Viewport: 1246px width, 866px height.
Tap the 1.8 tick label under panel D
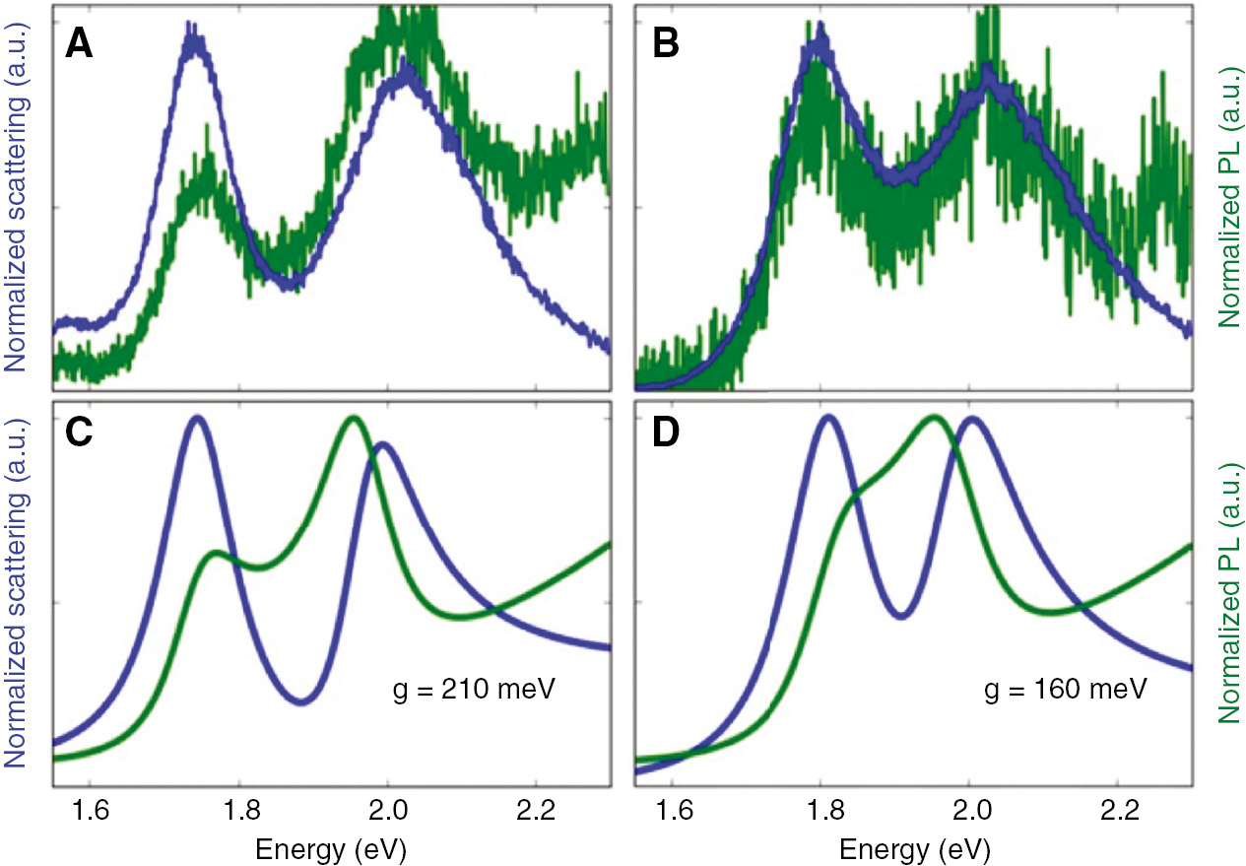(820, 813)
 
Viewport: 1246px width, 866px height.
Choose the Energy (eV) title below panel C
(331, 848)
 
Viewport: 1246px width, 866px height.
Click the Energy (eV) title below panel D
(913, 848)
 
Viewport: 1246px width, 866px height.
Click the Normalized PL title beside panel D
(1228, 591)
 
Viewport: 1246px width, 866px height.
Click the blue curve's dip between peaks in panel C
(302, 702)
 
